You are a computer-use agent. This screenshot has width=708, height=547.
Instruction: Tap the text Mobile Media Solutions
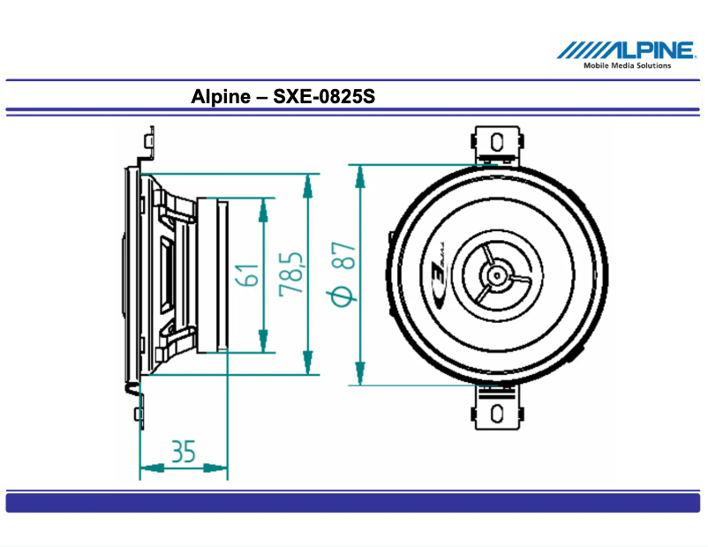(627, 65)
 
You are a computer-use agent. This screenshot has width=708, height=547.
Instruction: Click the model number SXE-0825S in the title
(324, 96)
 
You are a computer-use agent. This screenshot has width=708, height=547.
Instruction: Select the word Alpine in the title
(220, 96)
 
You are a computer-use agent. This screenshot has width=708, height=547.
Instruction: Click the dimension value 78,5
(292, 274)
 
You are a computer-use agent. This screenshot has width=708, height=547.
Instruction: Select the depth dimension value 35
(183, 452)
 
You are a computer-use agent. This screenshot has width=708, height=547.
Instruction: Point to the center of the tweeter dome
(497, 275)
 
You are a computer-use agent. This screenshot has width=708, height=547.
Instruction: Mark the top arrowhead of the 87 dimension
(359, 173)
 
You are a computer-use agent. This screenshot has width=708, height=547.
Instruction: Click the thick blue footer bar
(353, 503)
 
